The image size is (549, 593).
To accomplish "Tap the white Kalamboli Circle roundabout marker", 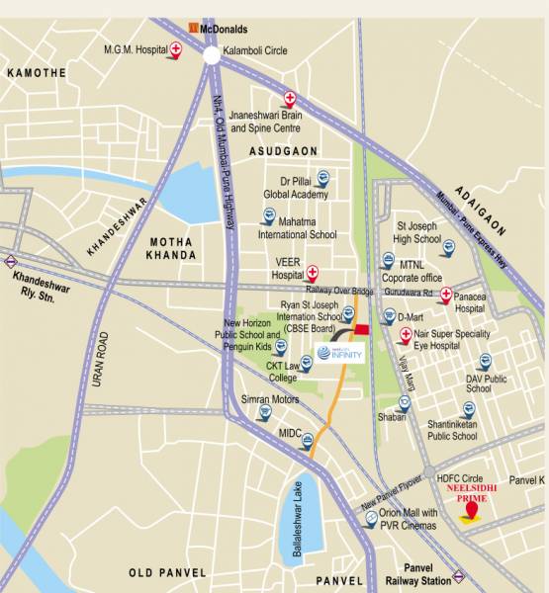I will tap(212, 56).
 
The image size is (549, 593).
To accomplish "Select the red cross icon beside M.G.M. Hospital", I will tap(176, 48).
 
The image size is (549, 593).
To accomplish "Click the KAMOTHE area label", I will tap(37, 73).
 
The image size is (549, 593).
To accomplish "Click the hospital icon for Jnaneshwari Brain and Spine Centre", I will tap(290, 98).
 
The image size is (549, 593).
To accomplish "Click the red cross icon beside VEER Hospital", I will tap(313, 272).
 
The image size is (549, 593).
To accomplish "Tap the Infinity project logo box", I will tap(342, 353).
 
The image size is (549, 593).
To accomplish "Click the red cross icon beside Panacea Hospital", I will tap(446, 295).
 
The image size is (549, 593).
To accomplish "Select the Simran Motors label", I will tap(270, 399).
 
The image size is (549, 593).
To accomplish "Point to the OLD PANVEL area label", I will tap(167, 572).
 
